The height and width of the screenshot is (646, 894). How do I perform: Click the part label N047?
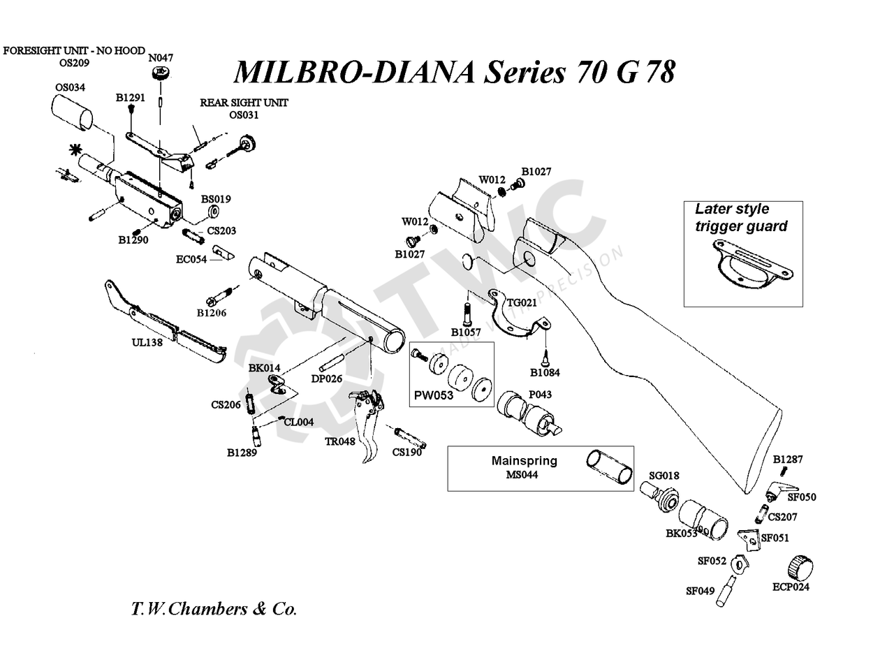point(161,58)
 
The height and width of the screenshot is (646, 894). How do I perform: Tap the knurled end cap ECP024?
point(800,566)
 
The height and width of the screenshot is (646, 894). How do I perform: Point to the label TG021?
point(522,302)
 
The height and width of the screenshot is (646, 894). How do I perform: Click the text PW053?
point(434,395)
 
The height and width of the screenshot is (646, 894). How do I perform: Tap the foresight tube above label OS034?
point(71,112)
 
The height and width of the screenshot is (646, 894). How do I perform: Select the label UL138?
point(147,342)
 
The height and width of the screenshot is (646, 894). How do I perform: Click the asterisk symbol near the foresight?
point(74,150)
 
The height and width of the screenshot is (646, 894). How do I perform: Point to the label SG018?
point(664,476)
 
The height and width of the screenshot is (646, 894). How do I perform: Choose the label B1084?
point(545,372)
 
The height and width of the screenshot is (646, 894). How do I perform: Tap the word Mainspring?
point(524,461)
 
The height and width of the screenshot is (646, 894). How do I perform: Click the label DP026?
point(326,379)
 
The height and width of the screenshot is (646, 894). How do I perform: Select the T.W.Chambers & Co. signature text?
point(214,608)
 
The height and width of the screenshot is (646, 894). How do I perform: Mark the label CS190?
point(406,452)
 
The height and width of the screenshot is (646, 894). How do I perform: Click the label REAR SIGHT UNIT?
point(244,103)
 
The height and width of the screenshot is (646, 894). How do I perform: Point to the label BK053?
point(682,534)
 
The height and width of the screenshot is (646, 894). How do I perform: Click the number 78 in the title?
point(659,71)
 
